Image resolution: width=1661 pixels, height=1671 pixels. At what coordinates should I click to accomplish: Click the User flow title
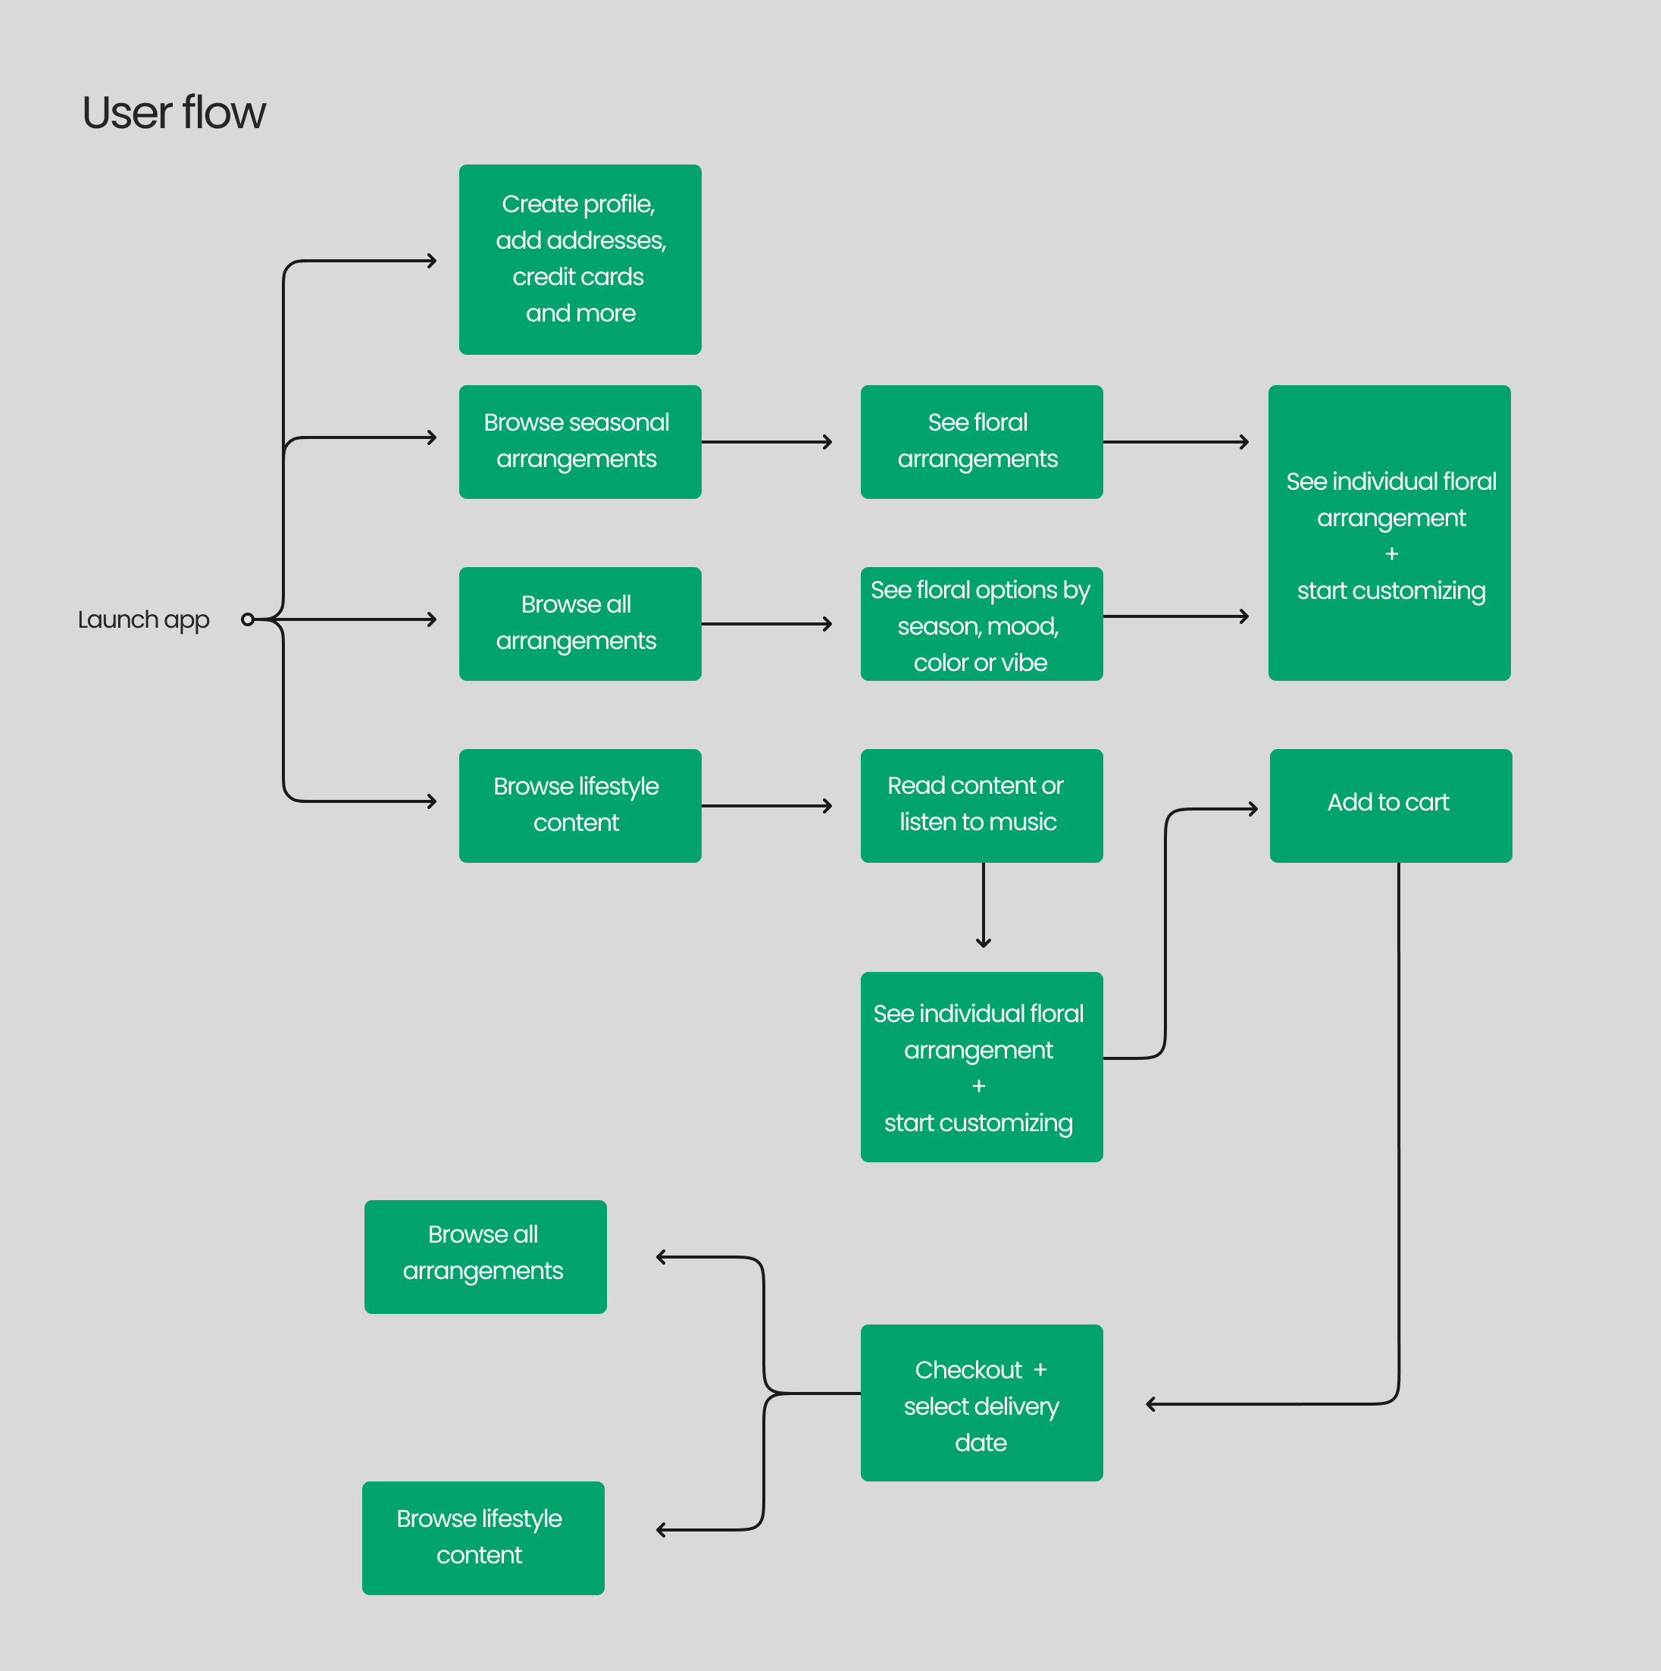(x=174, y=113)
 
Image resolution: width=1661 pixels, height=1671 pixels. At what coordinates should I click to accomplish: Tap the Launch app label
(x=143, y=619)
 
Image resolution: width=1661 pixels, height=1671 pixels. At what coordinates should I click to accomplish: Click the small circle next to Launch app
(x=248, y=619)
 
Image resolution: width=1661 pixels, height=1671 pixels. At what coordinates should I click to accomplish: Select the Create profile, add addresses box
(x=580, y=259)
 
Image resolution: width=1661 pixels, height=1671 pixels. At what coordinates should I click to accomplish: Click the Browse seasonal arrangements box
(x=580, y=442)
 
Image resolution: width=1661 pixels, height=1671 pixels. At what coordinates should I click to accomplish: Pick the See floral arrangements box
(x=981, y=442)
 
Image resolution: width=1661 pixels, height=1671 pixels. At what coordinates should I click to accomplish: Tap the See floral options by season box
(x=981, y=624)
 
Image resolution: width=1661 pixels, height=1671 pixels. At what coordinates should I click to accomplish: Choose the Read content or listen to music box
(x=981, y=805)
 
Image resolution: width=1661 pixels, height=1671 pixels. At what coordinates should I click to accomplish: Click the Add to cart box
(x=1390, y=805)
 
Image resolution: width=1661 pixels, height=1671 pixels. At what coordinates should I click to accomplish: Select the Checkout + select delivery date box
(x=981, y=1402)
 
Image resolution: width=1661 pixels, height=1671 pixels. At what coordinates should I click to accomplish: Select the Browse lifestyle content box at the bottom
(x=483, y=1538)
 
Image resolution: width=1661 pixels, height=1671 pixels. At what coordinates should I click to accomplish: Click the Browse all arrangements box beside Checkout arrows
(x=485, y=1256)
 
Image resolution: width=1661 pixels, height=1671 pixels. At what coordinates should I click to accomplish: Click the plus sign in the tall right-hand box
(x=1391, y=553)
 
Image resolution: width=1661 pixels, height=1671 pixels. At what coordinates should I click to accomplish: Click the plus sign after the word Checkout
(x=1040, y=1370)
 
